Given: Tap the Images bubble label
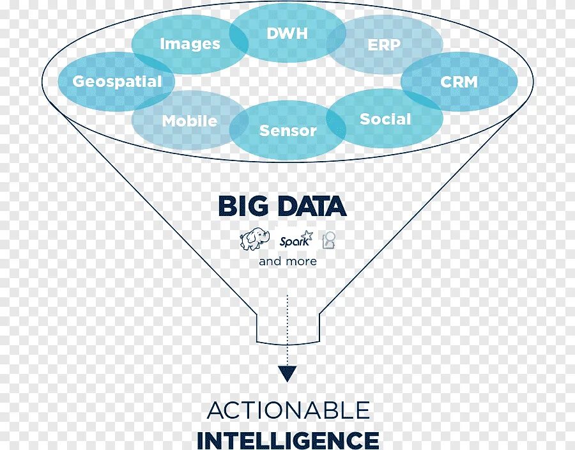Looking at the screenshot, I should click(x=190, y=44).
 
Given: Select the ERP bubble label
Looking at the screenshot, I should click(x=384, y=45).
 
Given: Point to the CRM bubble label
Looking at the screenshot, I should click(x=459, y=82).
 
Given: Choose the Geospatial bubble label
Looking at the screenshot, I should click(x=117, y=82).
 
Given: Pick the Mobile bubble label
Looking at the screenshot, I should click(x=190, y=121).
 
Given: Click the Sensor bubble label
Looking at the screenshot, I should click(x=287, y=130).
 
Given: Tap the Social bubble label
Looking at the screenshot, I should click(x=385, y=119).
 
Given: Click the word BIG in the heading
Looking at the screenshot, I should click(x=241, y=206).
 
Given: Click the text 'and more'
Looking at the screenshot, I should click(x=287, y=261).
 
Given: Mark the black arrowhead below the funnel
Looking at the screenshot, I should click(x=287, y=374).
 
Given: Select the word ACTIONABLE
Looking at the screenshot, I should click(x=288, y=410).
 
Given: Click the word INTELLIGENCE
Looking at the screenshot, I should click(x=287, y=440).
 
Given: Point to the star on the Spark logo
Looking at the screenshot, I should click(x=308, y=236).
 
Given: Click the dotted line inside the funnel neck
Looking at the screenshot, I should click(x=287, y=326).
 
